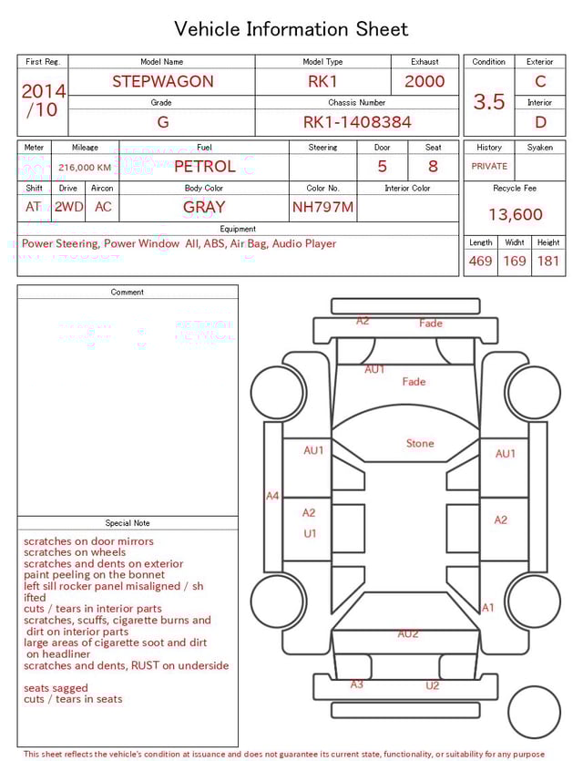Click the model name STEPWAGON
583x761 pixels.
tap(162, 81)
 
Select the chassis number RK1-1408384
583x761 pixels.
tap(357, 122)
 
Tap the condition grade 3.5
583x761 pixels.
tap(489, 102)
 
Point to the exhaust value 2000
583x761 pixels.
tap(424, 81)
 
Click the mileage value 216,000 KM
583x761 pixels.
tap(85, 168)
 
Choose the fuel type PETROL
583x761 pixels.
tap(204, 166)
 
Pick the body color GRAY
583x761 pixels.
tap(204, 207)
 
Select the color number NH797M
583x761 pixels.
tap(322, 207)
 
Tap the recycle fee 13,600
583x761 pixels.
tap(515, 214)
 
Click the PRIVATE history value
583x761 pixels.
tap(489, 167)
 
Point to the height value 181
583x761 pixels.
tap(548, 261)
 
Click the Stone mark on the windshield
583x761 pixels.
tap(420, 444)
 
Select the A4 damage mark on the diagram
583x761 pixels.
tap(272, 496)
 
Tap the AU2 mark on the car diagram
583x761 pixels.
tap(408, 633)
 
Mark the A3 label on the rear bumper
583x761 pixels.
tap(357, 684)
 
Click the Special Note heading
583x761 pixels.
tap(128, 523)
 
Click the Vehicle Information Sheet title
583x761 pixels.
tap(291, 29)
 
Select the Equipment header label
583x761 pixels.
tap(238, 229)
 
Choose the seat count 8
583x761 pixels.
tap(433, 166)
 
